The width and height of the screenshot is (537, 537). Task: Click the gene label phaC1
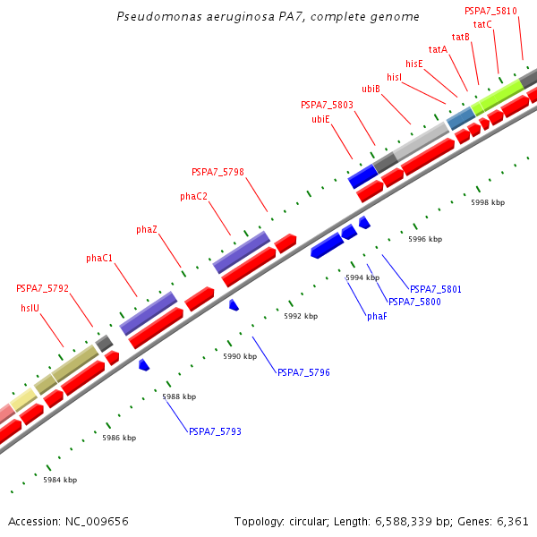tap(99, 259)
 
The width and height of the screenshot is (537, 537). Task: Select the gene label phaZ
tap(147, 230)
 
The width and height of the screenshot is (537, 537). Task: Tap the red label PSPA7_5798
tap(217, 172)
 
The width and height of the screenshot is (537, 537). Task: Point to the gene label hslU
tap(30, 308)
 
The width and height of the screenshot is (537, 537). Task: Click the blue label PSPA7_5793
tap(215, 431)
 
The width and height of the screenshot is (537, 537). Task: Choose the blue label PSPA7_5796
tap(303, 372)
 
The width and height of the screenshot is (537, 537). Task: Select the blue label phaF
tap(377, 316)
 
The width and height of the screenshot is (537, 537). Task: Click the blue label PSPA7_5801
tap(436, 289)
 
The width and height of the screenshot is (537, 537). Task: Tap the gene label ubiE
tap(320, 119)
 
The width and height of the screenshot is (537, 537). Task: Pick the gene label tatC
tap(482, 24)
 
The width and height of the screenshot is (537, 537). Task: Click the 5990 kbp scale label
tap(240, 356)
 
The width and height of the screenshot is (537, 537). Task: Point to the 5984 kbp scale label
tap(60, 480)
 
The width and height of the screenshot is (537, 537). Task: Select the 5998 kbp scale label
tap(488, 202)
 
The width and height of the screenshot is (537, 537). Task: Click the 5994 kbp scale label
tap(362, 277)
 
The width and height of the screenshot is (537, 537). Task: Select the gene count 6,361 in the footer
tap(511, 521)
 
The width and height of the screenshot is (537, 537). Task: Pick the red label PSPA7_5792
tap(42, 289)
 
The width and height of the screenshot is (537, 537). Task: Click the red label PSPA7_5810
tap(490, 11)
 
